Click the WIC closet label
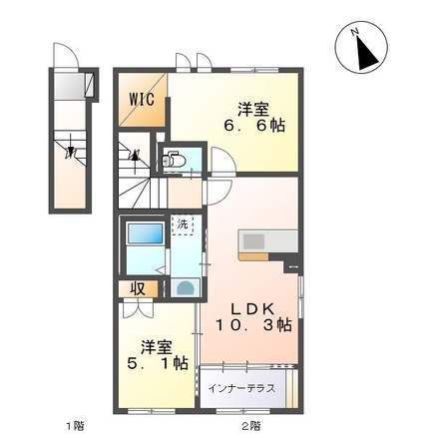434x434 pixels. click(141, 99)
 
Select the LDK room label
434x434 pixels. click(249, 305)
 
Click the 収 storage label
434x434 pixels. click(140, 289)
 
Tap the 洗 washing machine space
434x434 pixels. click(183, 225)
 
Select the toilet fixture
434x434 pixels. click(172, 157)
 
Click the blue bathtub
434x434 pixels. click(146, 234)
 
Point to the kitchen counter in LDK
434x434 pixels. click(267, 241)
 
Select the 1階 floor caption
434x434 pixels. click(74, 426)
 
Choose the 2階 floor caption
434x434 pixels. click(251, 426)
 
